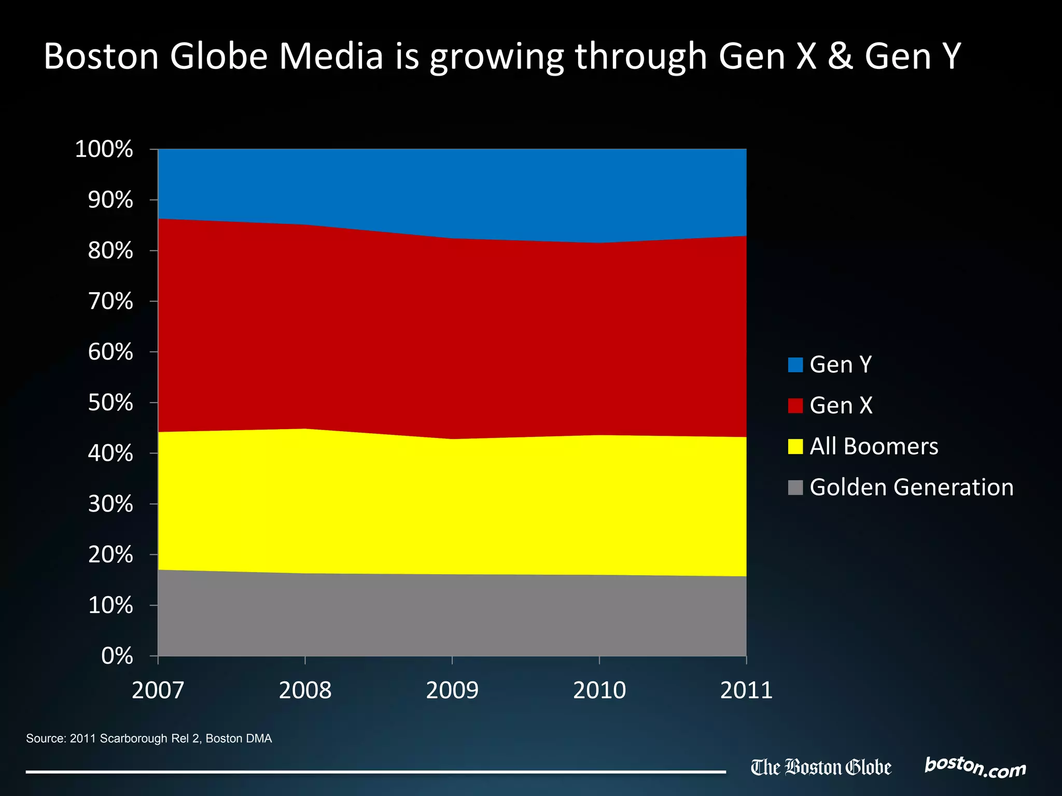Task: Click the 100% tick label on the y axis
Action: (104, 149)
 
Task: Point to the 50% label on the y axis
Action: (110, 403)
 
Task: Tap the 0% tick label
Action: (117, 656)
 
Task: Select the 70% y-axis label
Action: (110, 301)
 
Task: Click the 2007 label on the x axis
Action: (158, 690)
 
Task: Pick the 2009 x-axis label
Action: (452, 690)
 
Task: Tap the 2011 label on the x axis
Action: (746, 690)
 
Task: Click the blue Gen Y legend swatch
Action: (795, 365)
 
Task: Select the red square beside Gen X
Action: (795, 405)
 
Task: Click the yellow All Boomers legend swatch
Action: (795, 446)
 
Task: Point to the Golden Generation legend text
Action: (911, 487)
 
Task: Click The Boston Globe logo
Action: (821, 767)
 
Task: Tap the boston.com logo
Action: (975, 767)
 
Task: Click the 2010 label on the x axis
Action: (599, 690)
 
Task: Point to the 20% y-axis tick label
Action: (110, 555)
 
